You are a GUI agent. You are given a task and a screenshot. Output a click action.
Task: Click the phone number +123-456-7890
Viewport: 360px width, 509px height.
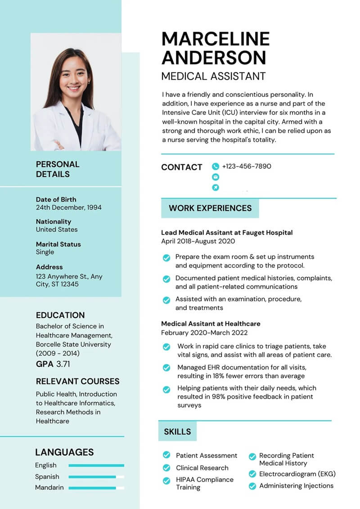tap(246, 166)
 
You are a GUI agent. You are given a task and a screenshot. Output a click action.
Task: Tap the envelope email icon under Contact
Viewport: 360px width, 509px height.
tap(215, 177)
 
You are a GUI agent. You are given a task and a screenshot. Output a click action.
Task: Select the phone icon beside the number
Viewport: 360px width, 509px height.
tap(215, 167)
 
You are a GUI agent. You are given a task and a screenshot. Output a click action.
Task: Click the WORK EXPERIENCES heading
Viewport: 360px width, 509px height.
tap(210, 208)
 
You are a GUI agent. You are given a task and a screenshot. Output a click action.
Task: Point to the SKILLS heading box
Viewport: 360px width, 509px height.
tap(177, 432)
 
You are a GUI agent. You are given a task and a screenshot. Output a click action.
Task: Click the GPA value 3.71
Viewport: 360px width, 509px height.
tap(63, 364)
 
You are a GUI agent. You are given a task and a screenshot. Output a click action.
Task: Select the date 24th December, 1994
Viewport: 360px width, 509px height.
tap(68, 207)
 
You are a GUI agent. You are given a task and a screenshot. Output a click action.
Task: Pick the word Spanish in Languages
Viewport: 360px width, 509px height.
tap(47, 476)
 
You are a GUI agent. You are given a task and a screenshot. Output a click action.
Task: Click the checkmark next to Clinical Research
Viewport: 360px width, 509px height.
tap(166, 468)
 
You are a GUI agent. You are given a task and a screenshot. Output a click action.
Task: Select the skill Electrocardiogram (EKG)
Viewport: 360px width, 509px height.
tap(297, 474)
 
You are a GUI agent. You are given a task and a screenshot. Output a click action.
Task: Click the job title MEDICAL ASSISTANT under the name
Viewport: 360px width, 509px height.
tap(213, 76)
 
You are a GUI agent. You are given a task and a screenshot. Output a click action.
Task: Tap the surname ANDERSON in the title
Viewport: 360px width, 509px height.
tap(213, 58)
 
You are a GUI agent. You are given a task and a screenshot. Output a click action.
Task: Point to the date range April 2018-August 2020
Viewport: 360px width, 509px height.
tap(198, 241)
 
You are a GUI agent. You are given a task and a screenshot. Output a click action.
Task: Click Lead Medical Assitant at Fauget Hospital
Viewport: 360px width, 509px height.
tap(227, 233)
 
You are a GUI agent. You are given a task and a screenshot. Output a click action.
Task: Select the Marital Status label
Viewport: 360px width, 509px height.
tap(58, 244)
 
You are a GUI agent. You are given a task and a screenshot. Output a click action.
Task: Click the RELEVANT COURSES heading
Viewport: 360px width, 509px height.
tap(77, 381)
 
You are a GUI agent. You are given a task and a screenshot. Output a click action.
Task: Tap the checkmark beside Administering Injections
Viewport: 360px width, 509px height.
tap(252, 486)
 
